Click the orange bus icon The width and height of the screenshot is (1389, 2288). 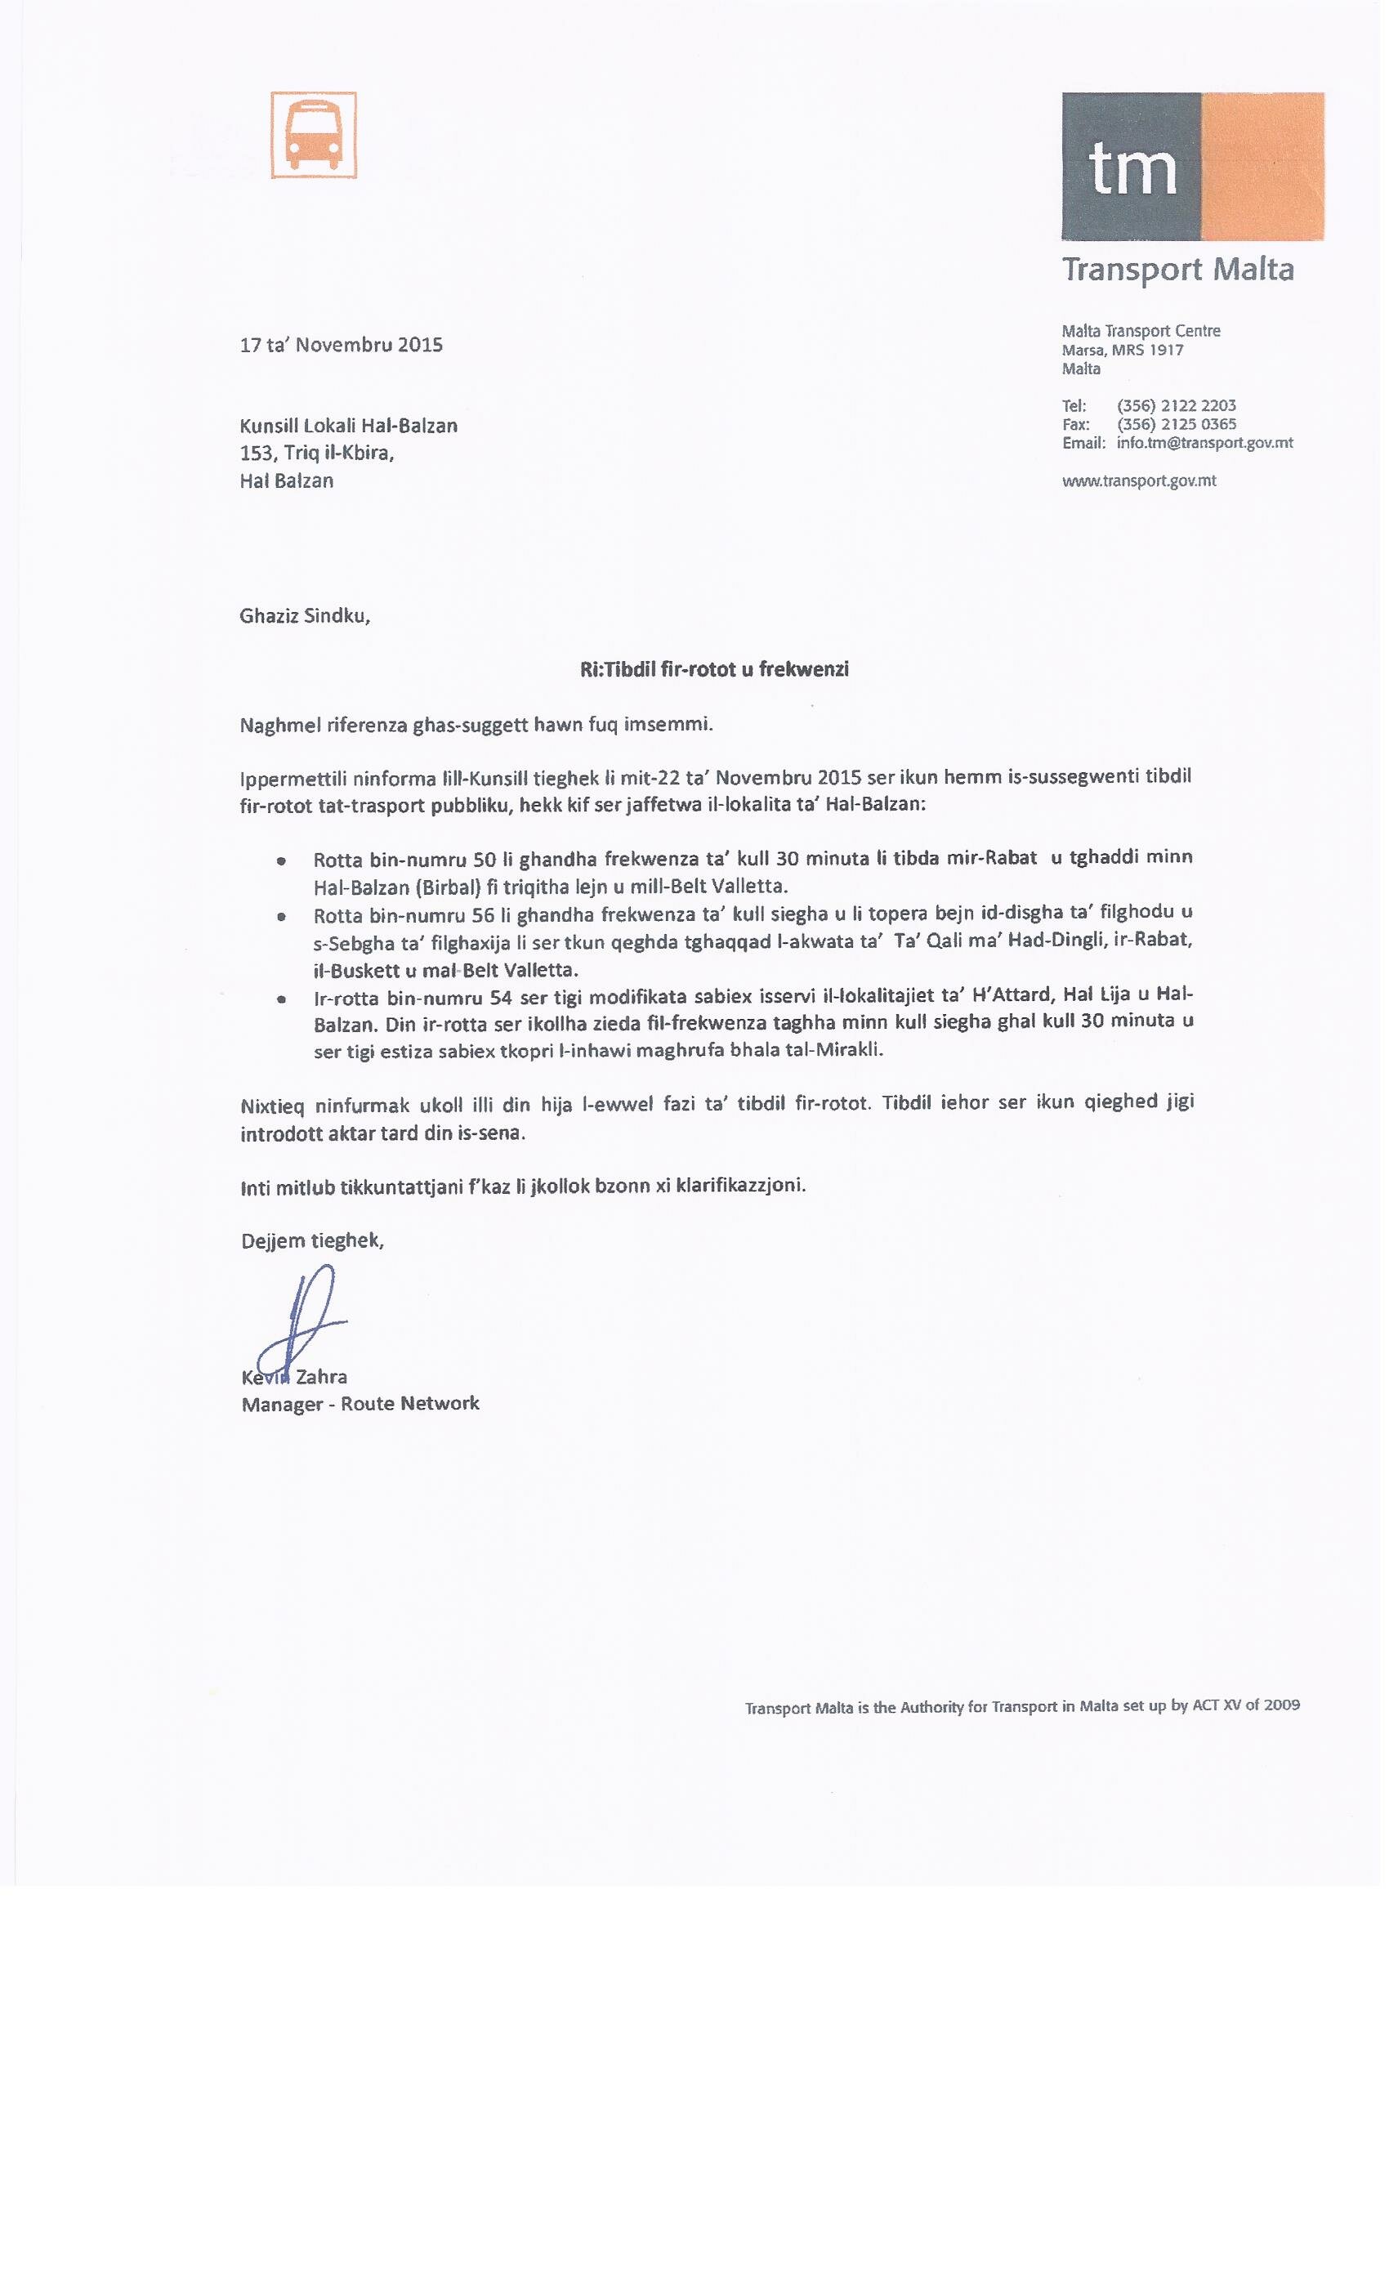point(314,135)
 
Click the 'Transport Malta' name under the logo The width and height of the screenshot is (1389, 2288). point(1177,270)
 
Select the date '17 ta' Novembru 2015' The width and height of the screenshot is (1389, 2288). point(341,346)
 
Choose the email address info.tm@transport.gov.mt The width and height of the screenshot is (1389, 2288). point(1204,443)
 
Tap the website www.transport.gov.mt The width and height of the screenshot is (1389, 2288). point(1138,481)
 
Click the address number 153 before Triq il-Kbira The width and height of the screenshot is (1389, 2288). point(255,454)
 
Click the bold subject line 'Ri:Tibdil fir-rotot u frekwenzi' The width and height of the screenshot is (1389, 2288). point(714,669)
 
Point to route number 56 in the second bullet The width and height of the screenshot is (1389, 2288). point(483,915)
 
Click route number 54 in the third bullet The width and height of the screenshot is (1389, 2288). point(503,996)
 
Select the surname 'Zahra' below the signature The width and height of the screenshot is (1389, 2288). point(321,1376)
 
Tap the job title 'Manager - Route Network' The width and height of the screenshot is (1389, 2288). point(360,1403)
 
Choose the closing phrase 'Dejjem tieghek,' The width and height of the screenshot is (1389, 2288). point(312,1240)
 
